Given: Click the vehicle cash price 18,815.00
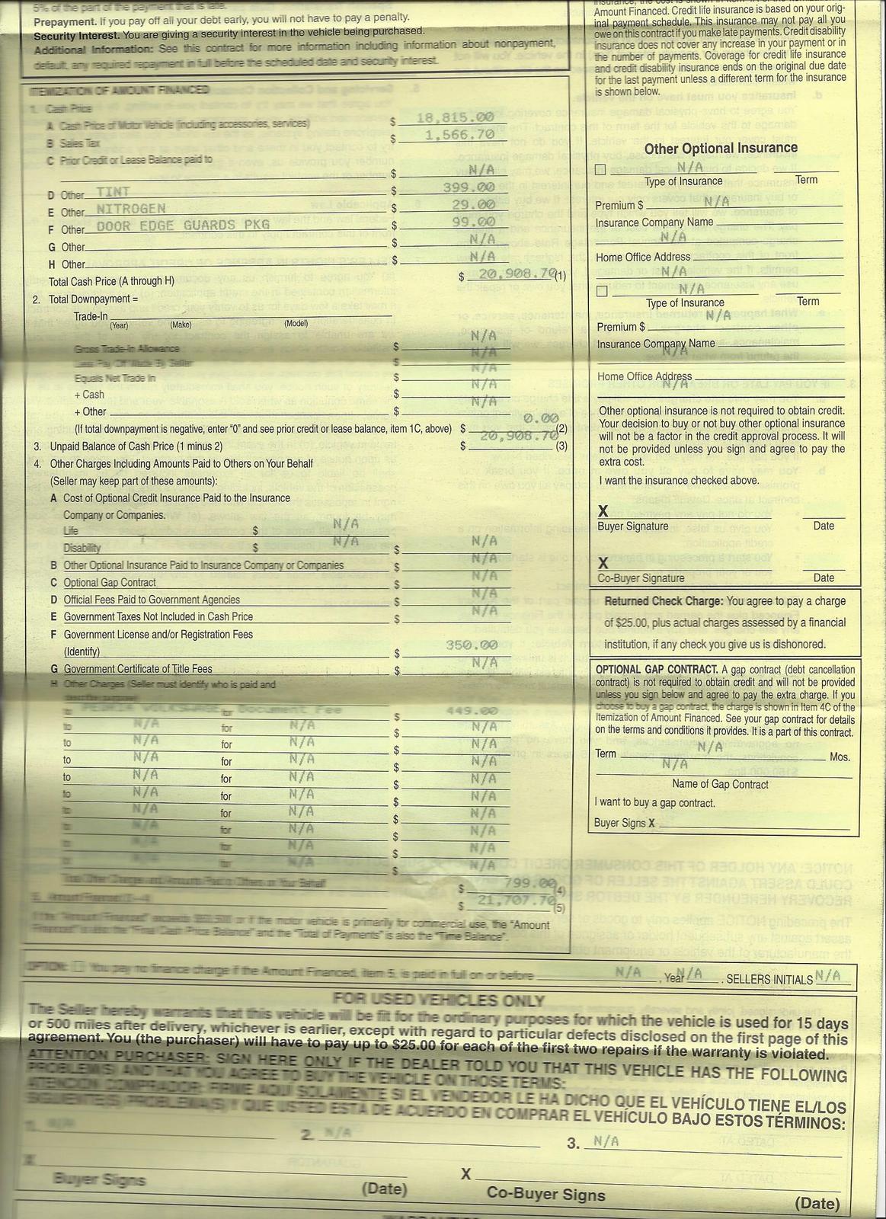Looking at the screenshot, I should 456,118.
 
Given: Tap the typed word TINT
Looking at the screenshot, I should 113,192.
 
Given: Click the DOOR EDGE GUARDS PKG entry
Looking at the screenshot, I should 183,225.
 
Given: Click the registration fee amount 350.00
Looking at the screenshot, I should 472,645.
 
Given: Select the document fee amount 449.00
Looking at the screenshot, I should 472,711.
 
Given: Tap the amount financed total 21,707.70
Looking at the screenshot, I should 515,900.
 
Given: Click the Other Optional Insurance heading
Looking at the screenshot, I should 721,149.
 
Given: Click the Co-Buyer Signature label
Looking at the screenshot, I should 641,578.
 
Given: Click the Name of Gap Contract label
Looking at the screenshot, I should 720,784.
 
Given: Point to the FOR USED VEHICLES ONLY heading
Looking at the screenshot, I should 439,1000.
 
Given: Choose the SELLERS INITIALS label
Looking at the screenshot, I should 770,979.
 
